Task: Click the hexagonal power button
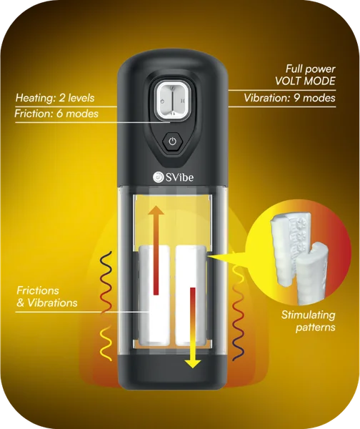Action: click(172, 142)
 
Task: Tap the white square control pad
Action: click(172, 101)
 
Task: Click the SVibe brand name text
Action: click(179, 177)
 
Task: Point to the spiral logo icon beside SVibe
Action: click(158, 177)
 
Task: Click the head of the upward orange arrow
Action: click(156, 210)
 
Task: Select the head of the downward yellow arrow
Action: click(193, 363)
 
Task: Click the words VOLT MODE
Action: click(305, 81)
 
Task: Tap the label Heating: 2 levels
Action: click(55, 98)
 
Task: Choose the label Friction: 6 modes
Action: click(56, 114)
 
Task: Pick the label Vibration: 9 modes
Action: click(289, 98)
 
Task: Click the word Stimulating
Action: click(308, 315)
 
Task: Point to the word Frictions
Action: click(38, 290)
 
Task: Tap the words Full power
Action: click(310, 69)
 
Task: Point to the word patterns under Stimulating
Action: click(316, 327)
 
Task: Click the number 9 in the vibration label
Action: click(296, 98)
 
